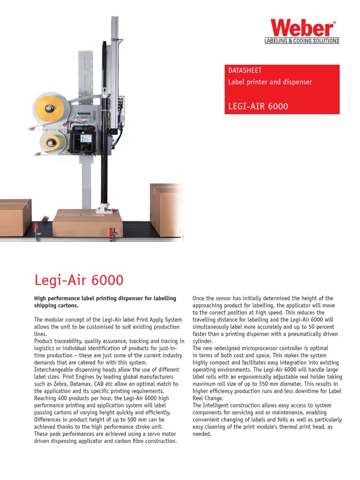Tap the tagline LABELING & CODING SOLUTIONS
coord(302,41)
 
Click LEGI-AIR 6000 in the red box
coord(258,106)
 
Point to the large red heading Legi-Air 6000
coord(79,280)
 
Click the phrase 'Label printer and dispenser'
coord(270,82)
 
